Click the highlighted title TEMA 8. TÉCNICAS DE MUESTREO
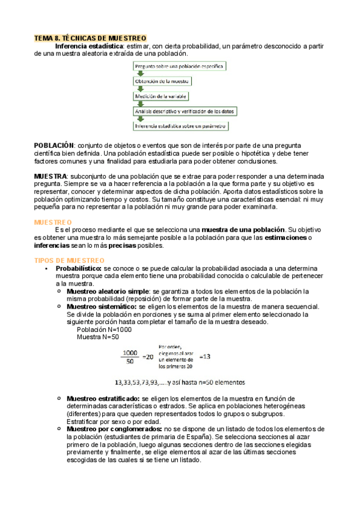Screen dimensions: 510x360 [x=90, y=38]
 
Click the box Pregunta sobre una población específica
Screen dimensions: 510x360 [x=180, y=66]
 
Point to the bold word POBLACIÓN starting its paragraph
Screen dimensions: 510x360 [x=53, y=146]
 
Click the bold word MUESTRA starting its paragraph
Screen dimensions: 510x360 [x=50, y=176]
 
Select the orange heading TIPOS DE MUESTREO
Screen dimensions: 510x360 [x=69, y=260]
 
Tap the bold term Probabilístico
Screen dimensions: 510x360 [x=79, y=268]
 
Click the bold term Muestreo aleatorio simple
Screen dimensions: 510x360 [x=108, y=291]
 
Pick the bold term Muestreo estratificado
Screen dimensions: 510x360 [x=103, y=399]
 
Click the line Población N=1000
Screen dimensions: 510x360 [x=105, y=330]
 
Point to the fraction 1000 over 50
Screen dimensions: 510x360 [x=130, y=357]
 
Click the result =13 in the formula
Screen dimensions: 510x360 [x=206, y=357]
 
